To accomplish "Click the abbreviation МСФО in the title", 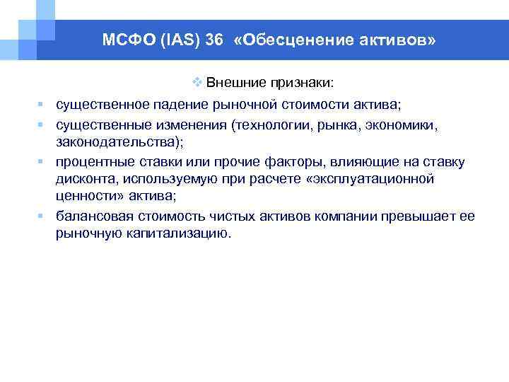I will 121,41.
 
